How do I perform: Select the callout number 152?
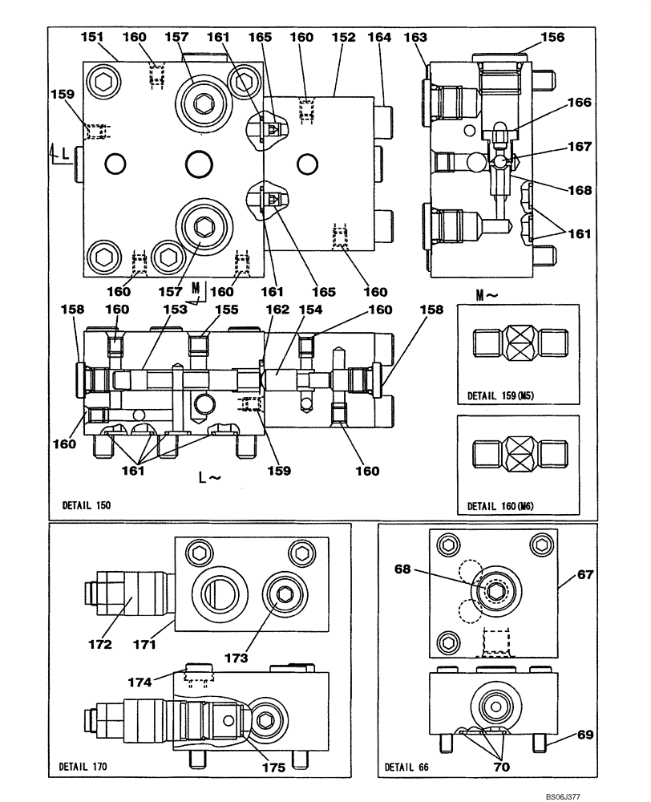point(344,37)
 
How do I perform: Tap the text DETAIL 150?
point(86,506)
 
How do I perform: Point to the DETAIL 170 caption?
point(83,767)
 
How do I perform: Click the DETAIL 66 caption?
point(407,767)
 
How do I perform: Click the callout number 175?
point(273,768)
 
